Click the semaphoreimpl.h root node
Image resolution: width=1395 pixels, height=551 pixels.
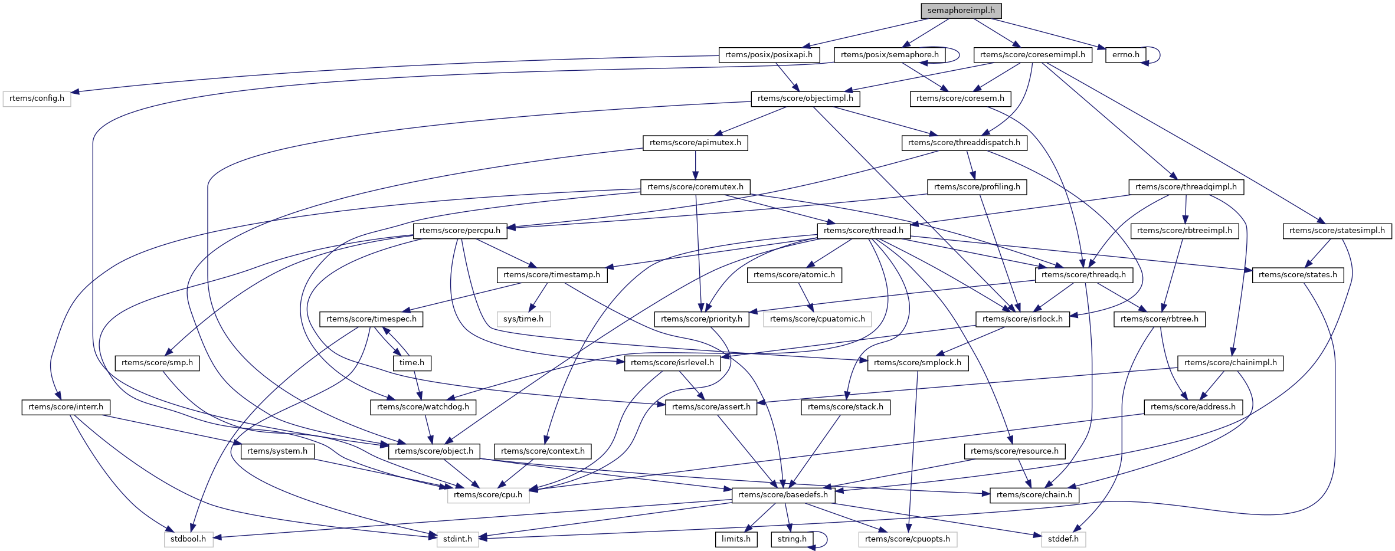[961, 11]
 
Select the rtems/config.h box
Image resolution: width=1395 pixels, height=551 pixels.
[37, 99]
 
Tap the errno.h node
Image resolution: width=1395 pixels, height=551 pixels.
[1125, 55]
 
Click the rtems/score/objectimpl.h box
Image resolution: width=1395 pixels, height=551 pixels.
[805, 99]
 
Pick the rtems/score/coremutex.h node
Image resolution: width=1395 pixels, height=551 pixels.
[695, 187]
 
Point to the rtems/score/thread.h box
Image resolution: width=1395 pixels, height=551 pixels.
[863, 231]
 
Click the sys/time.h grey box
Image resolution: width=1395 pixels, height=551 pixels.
[523, 319]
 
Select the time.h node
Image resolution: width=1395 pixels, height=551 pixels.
[412, 363]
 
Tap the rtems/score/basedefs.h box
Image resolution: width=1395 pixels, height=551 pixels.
[782, 495]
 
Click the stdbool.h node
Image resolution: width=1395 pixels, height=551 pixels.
[188, 539]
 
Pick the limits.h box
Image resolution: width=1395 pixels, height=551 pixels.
[736, 539]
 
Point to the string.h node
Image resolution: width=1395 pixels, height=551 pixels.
[791, 539]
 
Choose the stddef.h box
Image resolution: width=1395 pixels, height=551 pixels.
[1063, 539]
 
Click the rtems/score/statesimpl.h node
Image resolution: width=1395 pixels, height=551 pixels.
[1337, 231]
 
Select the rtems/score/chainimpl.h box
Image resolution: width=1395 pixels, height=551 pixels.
[1230, 363]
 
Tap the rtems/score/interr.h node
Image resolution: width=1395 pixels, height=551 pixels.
[66, 407]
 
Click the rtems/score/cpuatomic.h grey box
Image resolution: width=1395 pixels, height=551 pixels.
[817, 319]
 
